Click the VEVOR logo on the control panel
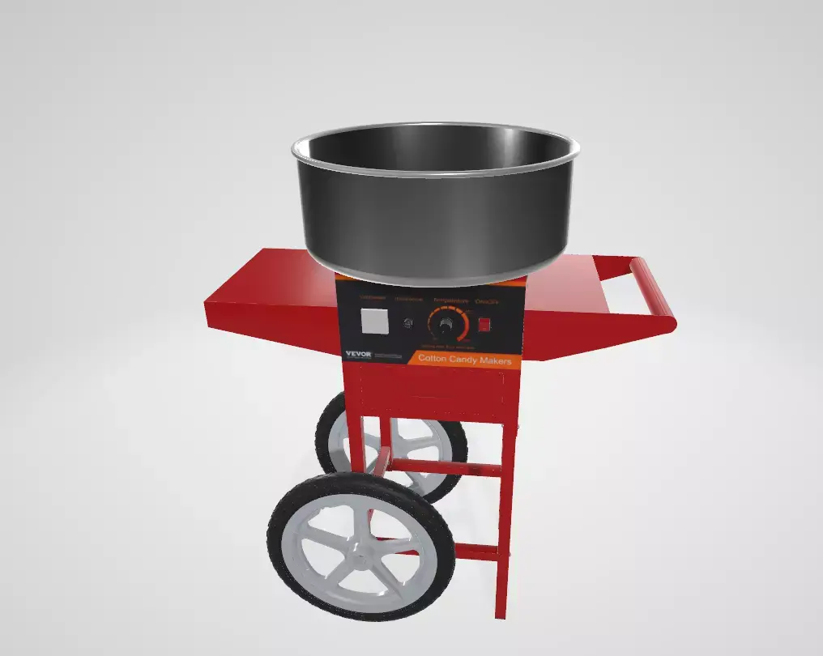click(x=357, y=353)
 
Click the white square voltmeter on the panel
click(x=373, y=322)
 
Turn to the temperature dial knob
click(x=444, y=326)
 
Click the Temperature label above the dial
click(x=450, y=300)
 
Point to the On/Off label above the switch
click(x=487, y=301)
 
